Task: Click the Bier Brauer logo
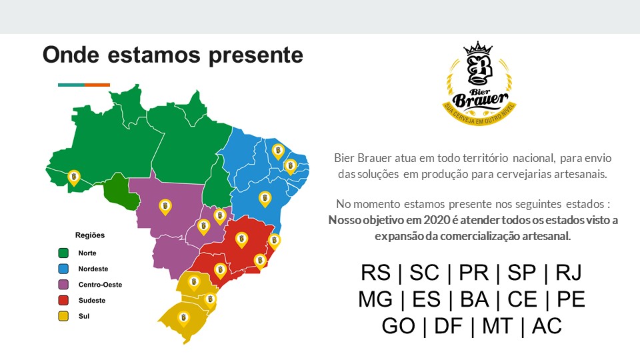click(x=479, y=83)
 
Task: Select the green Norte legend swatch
click(x=63, y=253)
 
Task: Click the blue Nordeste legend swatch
click(x=63, y=269)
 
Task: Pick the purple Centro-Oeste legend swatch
click(x=63, y=285)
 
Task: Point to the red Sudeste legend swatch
click(x=63, y=301)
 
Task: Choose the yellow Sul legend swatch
click(x=63, y=316)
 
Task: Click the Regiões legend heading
click(x=90, y=235)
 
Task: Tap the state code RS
click(x=376, y=273)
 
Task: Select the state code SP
click(x=521, y=273)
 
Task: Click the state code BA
click(x=474, y=299)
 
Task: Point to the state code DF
click(x=448, y=326)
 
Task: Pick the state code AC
click(x=547, y=326)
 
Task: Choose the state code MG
click(x=375, y=299)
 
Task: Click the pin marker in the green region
click(x=74, y=177)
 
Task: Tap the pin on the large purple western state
click(x=165, y=207)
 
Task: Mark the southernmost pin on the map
click(x=184, y=318)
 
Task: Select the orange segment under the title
click(x=97, y=85)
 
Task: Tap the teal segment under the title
click(x=71, y=85)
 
